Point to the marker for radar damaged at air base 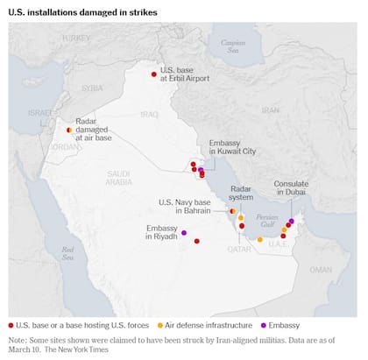[x=69, y=130]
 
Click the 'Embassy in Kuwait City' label [x=232, y=146]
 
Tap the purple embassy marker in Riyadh [x=184, y=233]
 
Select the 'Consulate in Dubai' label [x=291, y=187]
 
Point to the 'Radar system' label [x=241, y=193]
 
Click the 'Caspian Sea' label [x=233, y=46]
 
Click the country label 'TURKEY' [x=76, y=39]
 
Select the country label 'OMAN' [x=321, y=271]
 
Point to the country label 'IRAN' [x=270, y=110]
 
